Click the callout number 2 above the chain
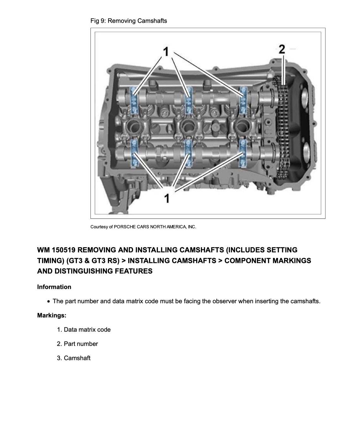click(x=282, y=49)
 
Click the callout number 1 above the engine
click(x=166, y=52)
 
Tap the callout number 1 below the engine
click(x=167, y=198)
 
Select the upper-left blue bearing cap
click(x=134, y=101)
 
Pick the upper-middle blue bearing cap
click(x=189, y=101)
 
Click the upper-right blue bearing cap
click(x=243, y=101)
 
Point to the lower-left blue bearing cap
click(x=134, y=153)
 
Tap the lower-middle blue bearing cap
click(x=188, y=153)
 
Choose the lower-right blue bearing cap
click(x=243, y=153)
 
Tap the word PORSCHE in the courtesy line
click(x=125, y=227)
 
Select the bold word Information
click(x=54, y=287)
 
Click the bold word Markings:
click(x=52, y=315)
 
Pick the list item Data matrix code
click(x=87, y=330)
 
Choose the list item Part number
click(x=81, y=344)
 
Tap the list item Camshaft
click(x=77, y=358)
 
